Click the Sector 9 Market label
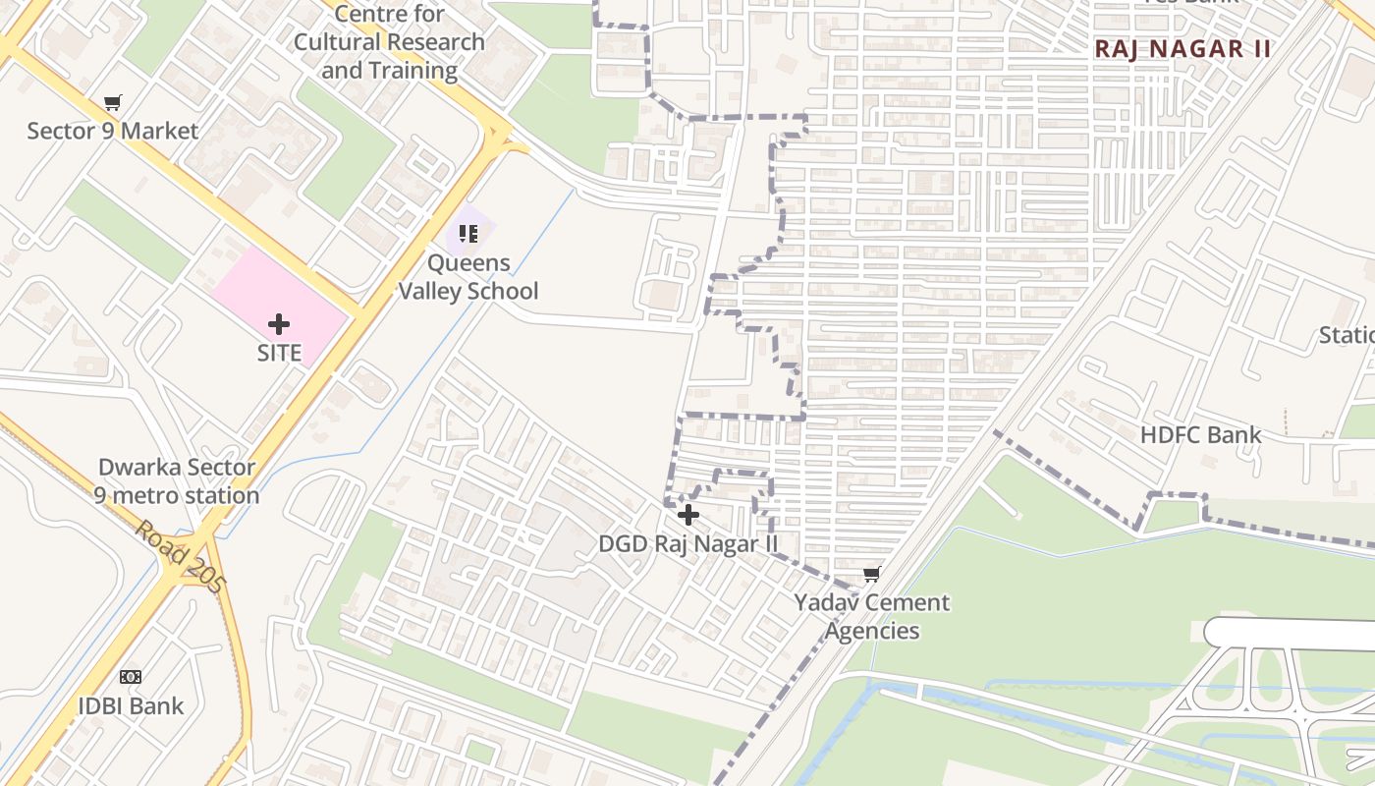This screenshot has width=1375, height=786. (112, 131)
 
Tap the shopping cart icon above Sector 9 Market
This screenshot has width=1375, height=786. (113, 103)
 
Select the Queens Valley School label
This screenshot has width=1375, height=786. (468, 277)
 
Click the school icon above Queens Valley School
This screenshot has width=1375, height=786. (468, 234)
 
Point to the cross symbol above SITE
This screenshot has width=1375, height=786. (279, 323)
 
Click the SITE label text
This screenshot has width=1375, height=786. (279, 353)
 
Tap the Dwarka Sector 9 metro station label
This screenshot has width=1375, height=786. (177, 481)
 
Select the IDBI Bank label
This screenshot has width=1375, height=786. (131, 705)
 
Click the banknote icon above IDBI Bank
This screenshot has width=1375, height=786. (131, 677)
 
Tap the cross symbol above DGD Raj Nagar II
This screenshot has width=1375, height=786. (688, 514)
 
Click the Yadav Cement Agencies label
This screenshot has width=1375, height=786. (871, 616)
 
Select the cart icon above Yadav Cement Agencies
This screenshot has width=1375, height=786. (871, 574)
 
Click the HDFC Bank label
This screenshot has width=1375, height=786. (1200, 434)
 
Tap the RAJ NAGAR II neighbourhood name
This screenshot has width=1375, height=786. (1182, 49)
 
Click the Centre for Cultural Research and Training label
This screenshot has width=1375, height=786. (389, 42)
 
